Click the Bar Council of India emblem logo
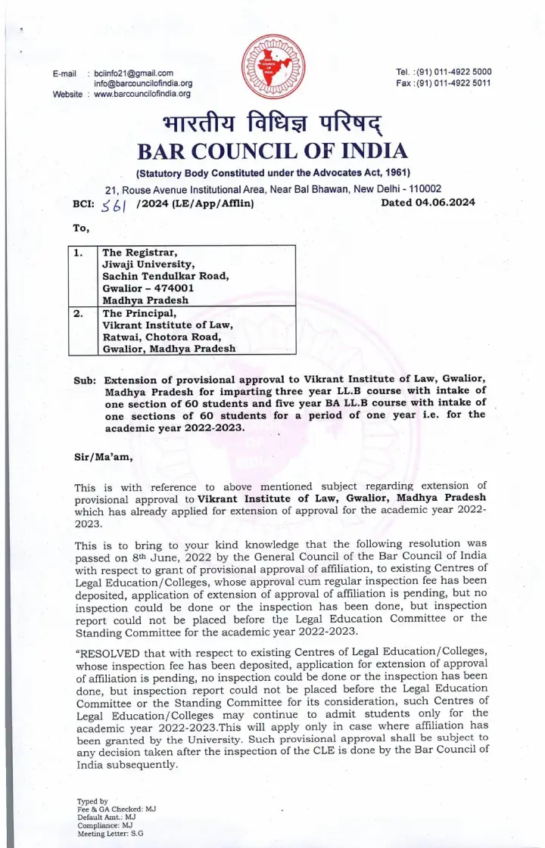(x=272, y=69)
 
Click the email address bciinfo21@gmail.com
(x=134, y=73)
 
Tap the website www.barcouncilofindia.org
(x=142, y=94)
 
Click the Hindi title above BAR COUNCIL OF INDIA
(x=272, y=121)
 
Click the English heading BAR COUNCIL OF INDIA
(x=272, y=151)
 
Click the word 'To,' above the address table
(x=81, y=228)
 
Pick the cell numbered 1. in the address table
(x=79, y=252)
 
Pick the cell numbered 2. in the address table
(x=79, y=312)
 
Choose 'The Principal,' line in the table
(x=139, y=312)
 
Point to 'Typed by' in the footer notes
(x=92, y=801)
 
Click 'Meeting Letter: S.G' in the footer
(x=111, y=834)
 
